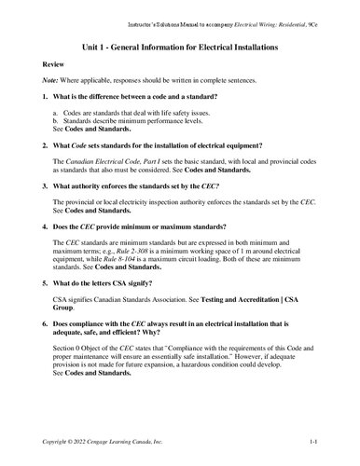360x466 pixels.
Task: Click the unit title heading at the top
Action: [180, 46]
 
